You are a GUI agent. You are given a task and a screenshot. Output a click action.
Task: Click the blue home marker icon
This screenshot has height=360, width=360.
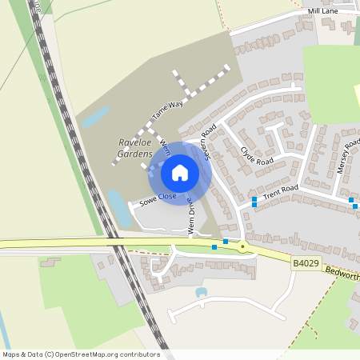[180, 173]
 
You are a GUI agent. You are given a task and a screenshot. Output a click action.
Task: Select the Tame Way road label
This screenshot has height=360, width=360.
[167, 110]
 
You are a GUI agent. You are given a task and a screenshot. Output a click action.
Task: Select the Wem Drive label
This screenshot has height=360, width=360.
[192, 214]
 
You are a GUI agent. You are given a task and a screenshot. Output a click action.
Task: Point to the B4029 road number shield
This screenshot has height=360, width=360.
[304, 262]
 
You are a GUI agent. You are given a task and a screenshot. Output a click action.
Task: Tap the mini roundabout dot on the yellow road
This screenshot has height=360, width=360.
[242, 247]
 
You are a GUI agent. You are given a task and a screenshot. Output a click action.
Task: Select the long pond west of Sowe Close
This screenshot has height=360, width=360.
[119, 209]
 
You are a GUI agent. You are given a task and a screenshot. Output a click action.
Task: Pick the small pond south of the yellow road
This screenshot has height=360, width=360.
[201, 292]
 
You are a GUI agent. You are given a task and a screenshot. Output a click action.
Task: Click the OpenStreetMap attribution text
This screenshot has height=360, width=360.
[81, 354]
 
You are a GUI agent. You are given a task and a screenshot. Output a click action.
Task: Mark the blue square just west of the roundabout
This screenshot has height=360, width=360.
[226, 241]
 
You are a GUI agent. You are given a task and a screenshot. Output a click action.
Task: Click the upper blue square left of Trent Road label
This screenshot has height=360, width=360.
[254, 198]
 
